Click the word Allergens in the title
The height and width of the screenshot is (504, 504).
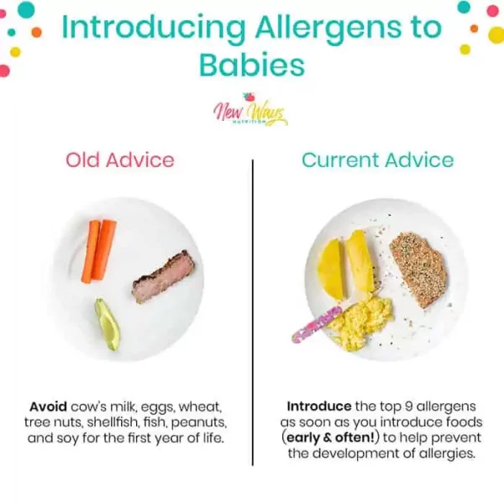click(328, 29)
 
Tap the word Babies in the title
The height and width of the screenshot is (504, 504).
click(252, 65)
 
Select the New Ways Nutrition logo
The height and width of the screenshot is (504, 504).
click(249, 110)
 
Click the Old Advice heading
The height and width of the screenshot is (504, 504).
click(120, 160)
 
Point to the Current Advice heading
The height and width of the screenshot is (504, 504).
click(377, 160)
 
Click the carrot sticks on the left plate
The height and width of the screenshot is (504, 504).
click(98, 251)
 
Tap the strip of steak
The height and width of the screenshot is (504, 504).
click(163, 276)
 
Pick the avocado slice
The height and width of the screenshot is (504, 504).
click(108, 324)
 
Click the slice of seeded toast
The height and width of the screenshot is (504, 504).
click(417, 270)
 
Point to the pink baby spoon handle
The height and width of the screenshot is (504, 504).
click(317, 324)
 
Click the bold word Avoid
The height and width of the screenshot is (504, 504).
click(48, 407)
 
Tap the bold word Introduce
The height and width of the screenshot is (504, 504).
click(319, 407)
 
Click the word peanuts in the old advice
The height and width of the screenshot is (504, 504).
click(198, 423)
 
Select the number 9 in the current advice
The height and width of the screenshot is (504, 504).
click(408, 407)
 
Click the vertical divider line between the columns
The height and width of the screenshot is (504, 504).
click(253, 312)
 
